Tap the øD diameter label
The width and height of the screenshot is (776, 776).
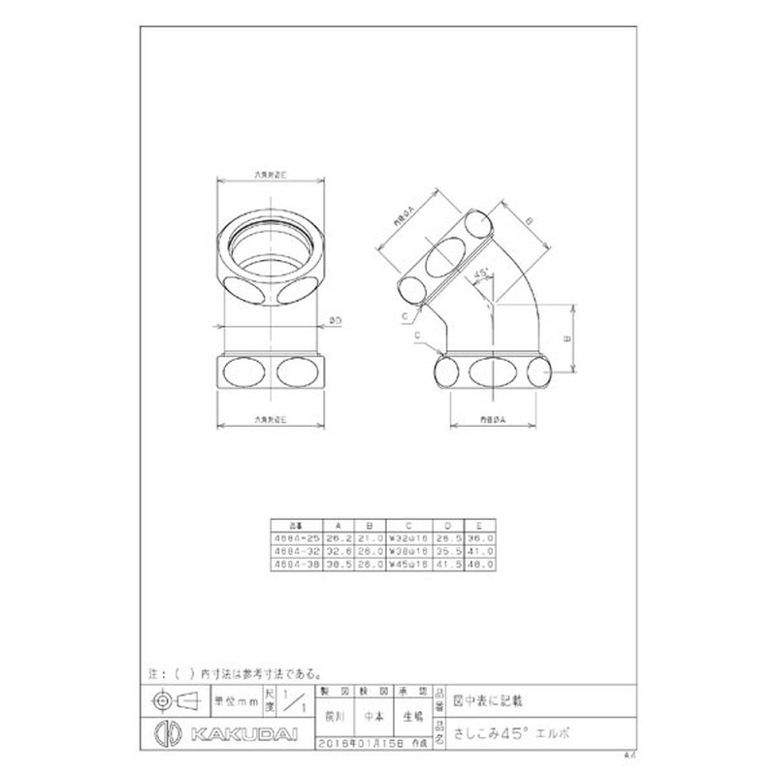click(334, 319)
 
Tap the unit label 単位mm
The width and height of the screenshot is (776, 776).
click(237, 699)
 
